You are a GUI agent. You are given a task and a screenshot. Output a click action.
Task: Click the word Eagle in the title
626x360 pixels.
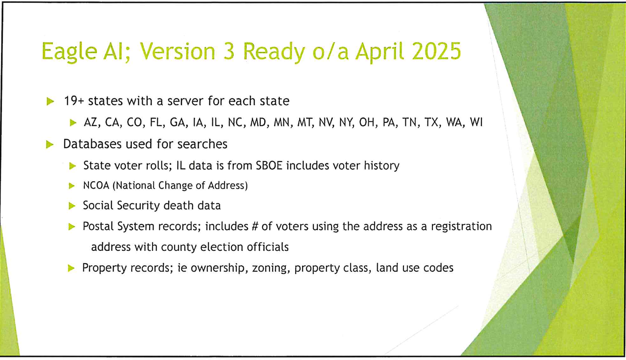pyautogui.click(x=69, y=52)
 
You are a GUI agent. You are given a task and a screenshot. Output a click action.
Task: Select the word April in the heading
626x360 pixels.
pyautogui.click(x=380, y=52)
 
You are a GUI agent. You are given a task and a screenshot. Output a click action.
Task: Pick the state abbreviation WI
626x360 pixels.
pyautogui.click(x=476, y=122)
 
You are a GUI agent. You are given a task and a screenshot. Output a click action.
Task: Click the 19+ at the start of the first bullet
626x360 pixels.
pyautogui.click(x=74, y=101)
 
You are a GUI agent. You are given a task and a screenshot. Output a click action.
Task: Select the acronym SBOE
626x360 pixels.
pyautogui.click(x=269, y=165)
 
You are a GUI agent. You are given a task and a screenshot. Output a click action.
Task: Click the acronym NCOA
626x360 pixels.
pyautogui.click(x=96, y=186)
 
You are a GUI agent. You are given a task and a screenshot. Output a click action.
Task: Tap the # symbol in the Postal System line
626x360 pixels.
pyautogui.click(x=255, y=226)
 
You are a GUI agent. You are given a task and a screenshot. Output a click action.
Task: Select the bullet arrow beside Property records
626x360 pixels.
pyautogui.click(x=72, y=268)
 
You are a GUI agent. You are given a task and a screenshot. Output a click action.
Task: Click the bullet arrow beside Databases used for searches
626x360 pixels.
pyautogui.click(x=50, y=145)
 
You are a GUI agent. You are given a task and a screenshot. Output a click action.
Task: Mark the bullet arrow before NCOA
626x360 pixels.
pyautogui.click(x=72, y=186)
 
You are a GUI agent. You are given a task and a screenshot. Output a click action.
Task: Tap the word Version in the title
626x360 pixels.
pyautogui.click(x=177, y=51)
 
